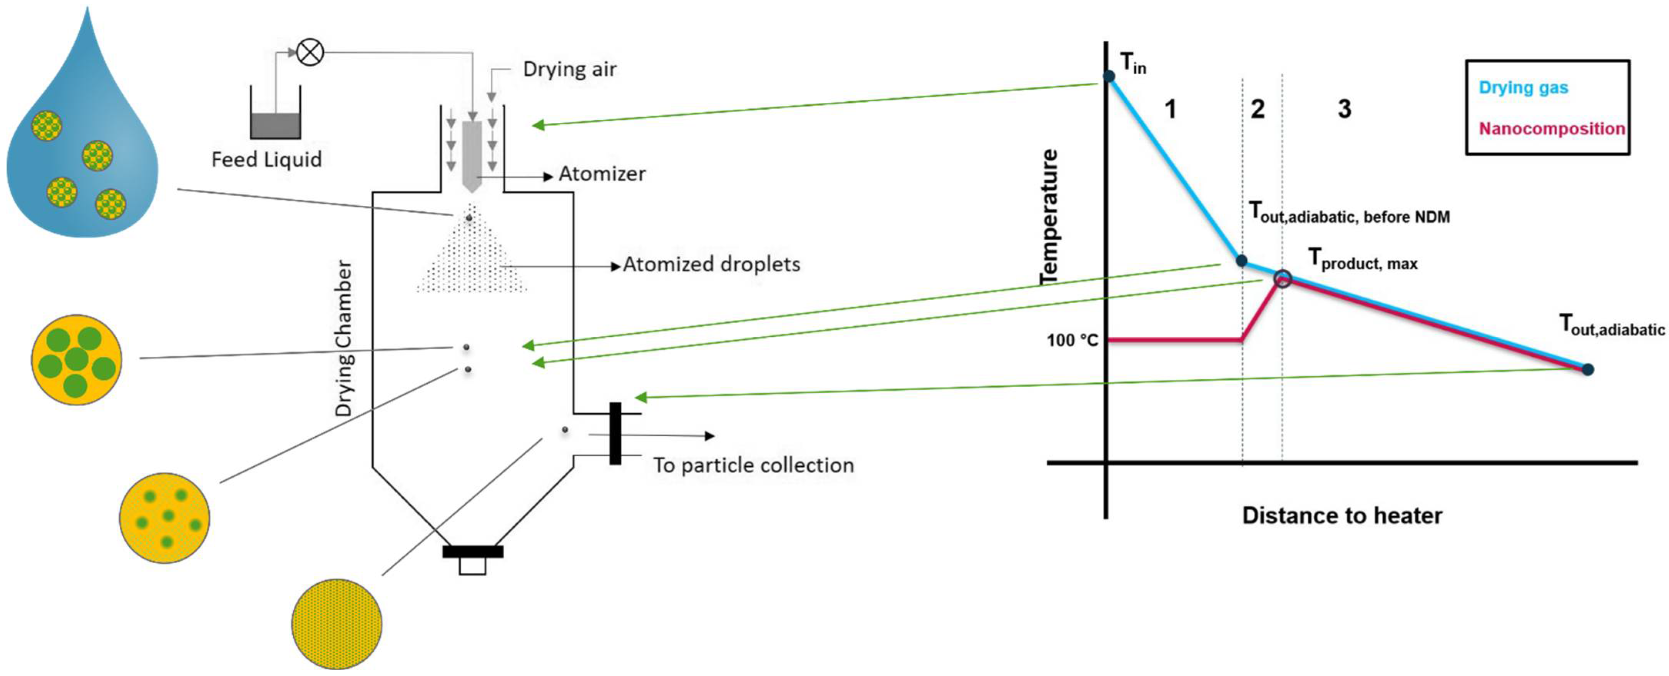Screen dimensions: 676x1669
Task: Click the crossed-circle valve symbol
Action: click(310, 52)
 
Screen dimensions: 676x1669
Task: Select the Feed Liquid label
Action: click(266, 159)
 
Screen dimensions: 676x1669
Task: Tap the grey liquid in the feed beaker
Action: click(275, 125)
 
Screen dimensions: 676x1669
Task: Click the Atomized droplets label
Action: click(711, 264)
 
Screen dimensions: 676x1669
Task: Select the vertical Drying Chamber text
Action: click(343, 338)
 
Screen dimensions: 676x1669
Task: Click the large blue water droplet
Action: click(83, 149)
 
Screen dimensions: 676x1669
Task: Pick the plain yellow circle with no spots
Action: click(336, 624)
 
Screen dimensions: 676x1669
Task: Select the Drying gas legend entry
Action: click(1523, 87)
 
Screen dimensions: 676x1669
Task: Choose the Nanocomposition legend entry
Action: click(1552, 128)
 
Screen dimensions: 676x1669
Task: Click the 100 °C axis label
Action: click(1072, 340)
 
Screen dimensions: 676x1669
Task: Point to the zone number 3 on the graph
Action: click(1345, 108)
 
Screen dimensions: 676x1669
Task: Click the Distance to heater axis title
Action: click(1342, 516)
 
